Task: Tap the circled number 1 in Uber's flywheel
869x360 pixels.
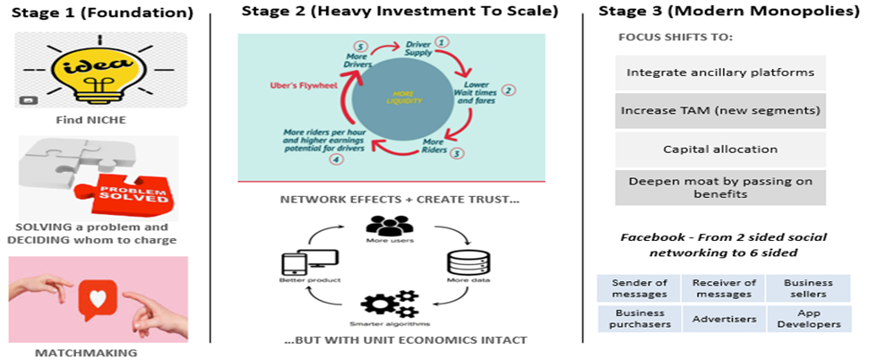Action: coord(442,42)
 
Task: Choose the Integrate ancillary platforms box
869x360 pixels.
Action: coord(720,72)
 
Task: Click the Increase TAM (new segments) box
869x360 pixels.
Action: coord(720,110)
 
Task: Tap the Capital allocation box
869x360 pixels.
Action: coord(720,149)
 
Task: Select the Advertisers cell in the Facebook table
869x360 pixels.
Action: coord(724,318)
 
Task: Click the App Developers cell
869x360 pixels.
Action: coord(808,318)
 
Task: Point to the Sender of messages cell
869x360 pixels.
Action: coord(639,287)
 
